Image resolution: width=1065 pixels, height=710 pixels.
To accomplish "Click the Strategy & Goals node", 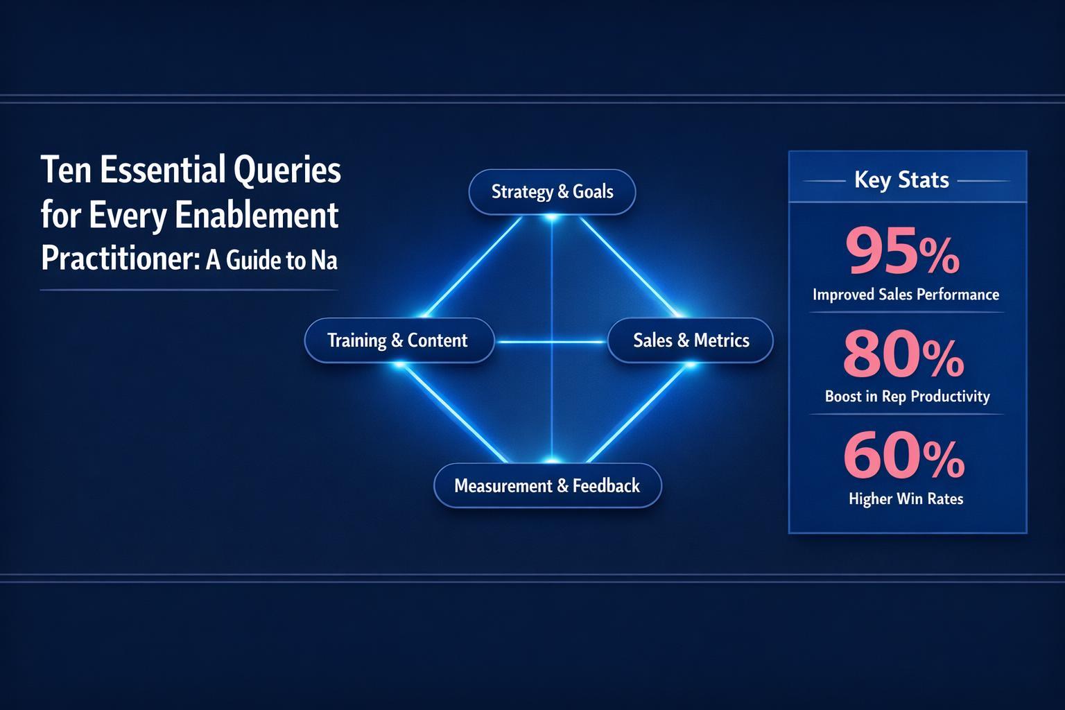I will [x=552, y=191].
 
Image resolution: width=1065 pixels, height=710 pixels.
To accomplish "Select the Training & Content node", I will [x=398, y=340].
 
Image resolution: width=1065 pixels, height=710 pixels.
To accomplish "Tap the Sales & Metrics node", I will [x=691, y=340].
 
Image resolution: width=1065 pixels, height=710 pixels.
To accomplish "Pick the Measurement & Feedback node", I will [x=547, y=485].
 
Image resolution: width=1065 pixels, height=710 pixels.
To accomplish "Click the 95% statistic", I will [x=903, y=254].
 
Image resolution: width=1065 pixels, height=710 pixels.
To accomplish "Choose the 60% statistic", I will [x=903, y=457].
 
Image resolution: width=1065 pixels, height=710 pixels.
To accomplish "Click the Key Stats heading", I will [x=901, y=180].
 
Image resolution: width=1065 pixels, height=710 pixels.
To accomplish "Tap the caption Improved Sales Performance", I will [x=906, y=295].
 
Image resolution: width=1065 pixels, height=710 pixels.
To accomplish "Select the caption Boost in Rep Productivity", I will [x=907, y=397].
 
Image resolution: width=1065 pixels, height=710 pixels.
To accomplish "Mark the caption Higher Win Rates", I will [x=906, y=499].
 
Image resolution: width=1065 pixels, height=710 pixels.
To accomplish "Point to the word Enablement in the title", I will [x=257, y=216].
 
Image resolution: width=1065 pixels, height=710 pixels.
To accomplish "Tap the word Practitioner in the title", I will [x=115, y=259].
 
